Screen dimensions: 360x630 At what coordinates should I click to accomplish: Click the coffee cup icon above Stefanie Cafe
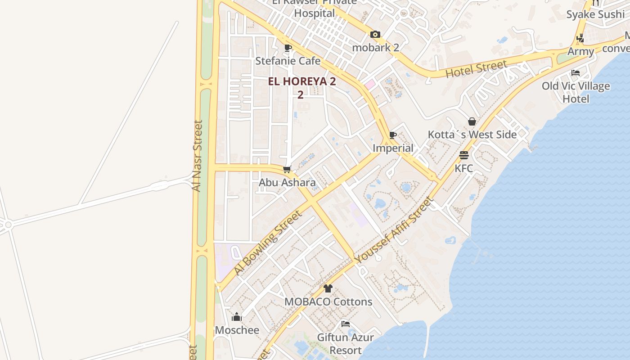(x=288, y=48)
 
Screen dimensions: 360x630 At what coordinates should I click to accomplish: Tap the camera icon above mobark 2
(x=375, y=34)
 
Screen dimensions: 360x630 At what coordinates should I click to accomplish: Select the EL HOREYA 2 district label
(x=302, y=82)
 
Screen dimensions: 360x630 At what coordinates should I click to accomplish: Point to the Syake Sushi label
(x=595, y=14)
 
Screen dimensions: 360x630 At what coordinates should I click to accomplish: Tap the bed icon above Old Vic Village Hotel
(x=575, y=72)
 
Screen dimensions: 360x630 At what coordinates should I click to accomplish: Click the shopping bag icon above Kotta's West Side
(x=472, y=121)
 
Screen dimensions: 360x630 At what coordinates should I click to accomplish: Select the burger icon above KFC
(x=464, y=155)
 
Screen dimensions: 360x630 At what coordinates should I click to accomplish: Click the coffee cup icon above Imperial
(x=392, y=135)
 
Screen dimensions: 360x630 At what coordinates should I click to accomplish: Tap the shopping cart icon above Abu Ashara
(x=287, y=170)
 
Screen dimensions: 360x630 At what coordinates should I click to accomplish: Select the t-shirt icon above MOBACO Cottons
(x=328, y=288)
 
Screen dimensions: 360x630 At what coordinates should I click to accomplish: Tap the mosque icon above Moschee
(x=237, y=317)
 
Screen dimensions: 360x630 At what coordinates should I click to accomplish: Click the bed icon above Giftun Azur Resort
(x=345, y=324)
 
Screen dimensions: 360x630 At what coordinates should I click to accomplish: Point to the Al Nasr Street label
(x=197, y=155)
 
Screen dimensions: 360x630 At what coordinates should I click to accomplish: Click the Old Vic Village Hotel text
(x=576, y=92)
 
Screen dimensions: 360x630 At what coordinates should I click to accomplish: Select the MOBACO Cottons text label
(x=328, y=301)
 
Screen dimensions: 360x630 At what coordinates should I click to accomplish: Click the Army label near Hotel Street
(x=580, y=51)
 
